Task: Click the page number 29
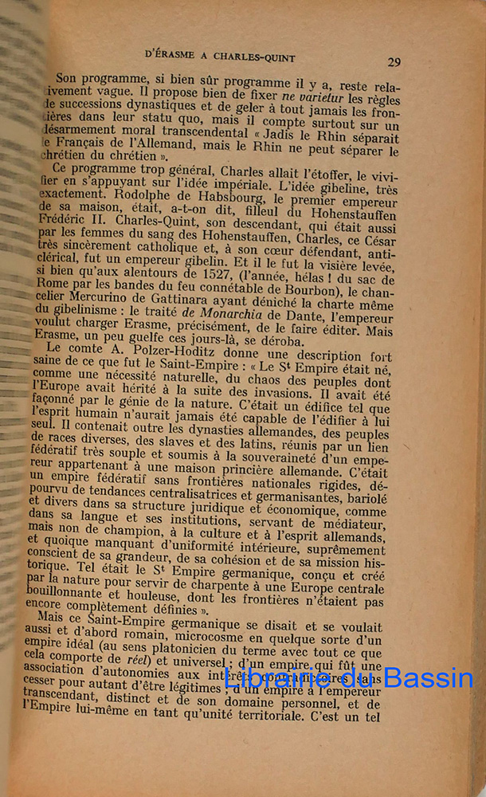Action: pyautogui.click(x=394, y=61)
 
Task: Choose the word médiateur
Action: pyautogui.click(x=351, y=523)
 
